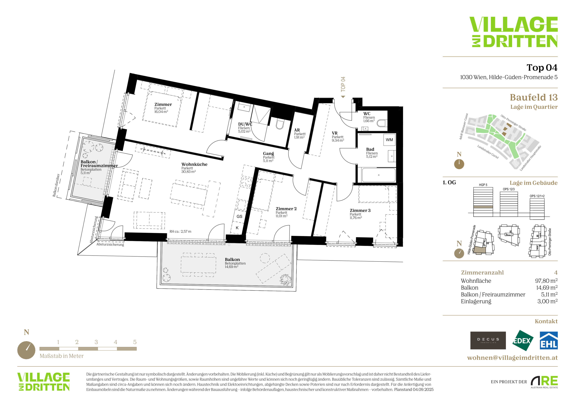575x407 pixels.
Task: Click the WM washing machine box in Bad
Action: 389,140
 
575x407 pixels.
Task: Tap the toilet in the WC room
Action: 382,123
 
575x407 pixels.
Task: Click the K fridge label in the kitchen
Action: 237,228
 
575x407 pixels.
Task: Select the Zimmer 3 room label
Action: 360,210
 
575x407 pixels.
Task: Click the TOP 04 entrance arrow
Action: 343,97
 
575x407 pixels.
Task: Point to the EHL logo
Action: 548,340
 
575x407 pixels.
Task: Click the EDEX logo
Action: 523,340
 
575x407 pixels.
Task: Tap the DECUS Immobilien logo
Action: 488,340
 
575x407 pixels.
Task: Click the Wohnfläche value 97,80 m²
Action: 546,281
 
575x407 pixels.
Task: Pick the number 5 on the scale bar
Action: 135,342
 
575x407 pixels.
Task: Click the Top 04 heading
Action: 542,67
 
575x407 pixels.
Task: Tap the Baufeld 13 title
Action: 534,97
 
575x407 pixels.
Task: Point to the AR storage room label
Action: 297,130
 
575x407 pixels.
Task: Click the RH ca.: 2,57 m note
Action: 180,232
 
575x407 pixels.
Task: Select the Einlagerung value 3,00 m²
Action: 547,301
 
